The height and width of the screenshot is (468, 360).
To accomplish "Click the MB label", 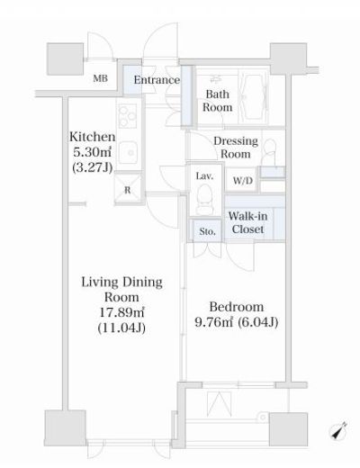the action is (x=101, y=78).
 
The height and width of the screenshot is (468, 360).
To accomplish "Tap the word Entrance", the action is (x=157, y=80).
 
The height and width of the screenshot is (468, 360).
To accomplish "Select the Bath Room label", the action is (x=217, y=101).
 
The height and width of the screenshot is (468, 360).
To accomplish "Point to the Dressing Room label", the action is (x=236, y=148).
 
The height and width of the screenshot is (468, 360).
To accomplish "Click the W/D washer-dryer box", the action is (x=243, y=180).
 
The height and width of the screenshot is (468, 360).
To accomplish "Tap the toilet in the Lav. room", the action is (x=205, y=199).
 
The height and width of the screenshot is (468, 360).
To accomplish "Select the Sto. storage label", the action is (x=207, y=231).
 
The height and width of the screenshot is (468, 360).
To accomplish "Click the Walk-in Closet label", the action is (x=247, y=222).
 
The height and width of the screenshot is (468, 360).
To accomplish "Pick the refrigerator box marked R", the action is (x=128, y=189).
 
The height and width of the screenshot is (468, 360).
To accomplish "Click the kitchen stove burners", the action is (x=128, y=115).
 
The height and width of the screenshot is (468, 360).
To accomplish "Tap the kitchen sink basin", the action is (x=128, y=153).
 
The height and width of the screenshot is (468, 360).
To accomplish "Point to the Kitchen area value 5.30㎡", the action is (x=93, y=152).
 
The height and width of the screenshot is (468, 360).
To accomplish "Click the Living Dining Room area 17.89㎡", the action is (x=121, y=312).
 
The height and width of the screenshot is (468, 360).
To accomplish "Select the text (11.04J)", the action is (x=121, y=328).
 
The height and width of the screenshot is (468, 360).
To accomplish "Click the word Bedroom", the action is (x=237, y=307).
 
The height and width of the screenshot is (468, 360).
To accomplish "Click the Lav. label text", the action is (x=204, y=175).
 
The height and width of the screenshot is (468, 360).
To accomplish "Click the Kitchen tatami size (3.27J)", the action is (x=93, y=167).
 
